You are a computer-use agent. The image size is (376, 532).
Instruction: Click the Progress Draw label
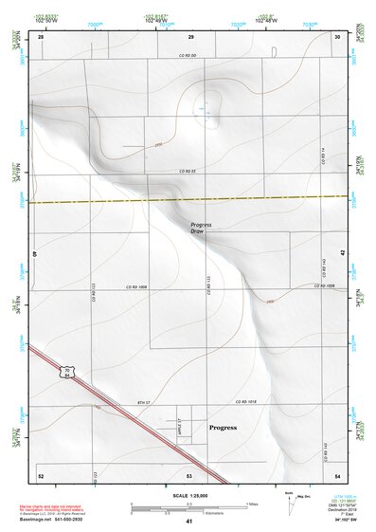[x=200, y=228]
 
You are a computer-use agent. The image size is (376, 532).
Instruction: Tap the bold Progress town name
[x=223, y=428]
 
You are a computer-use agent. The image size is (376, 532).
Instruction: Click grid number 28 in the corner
[x=41, y=36]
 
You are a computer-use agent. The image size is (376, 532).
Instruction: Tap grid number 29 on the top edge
[x=190, y=36]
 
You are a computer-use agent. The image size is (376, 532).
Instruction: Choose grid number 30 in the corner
[x=338, y=36]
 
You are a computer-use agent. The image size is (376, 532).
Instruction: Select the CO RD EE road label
[x=188, y=171]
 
